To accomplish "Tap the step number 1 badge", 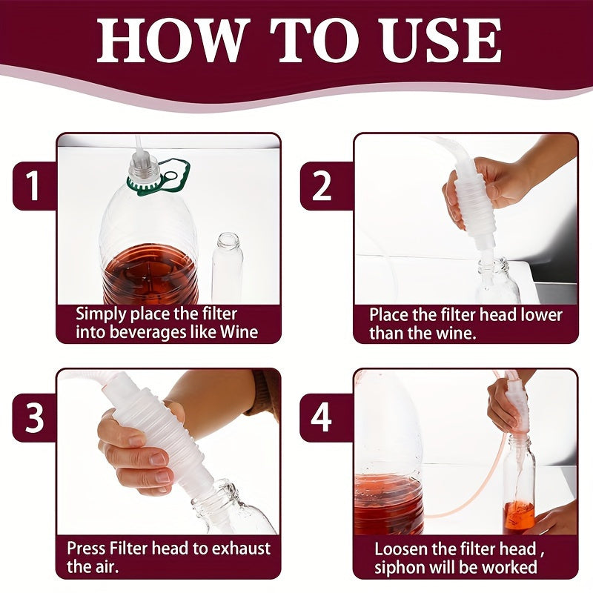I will [34, 186].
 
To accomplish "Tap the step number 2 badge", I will [321, 186].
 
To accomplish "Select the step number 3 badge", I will [34, 418].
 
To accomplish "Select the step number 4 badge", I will [321, 418].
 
